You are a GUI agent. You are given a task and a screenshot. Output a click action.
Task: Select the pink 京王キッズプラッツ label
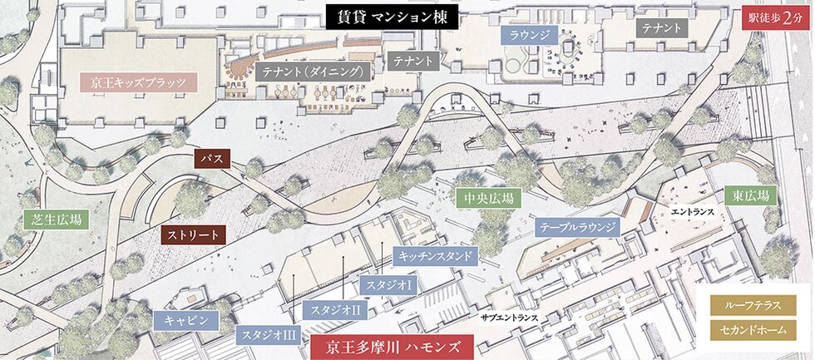pyautogui.click(x=137, y=82)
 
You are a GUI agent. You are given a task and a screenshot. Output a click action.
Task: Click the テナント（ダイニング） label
pyautogui.click(x=314, y=72)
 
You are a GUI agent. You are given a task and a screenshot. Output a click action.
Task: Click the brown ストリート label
pyautogui.click(x=193, y=234)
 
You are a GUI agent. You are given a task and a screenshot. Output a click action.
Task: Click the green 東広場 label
pyautogui.click(x=750, y=196)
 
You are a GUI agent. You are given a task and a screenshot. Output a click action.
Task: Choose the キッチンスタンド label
pyautogui.click(x=435, y=255)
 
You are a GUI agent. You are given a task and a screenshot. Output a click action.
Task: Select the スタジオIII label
pyautogui.click(x=268, y=336)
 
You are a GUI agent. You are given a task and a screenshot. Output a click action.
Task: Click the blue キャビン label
pyautogui.click(x=185, y=319)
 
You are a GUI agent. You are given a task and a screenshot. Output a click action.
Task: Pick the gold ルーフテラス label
pyautogui.click(x=752, y=305)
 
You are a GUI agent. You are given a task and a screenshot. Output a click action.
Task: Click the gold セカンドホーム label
pyautogui.click(x=752, y=331)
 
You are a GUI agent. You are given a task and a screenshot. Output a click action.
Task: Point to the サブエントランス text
pyautogui.click(x=510, y=318)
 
